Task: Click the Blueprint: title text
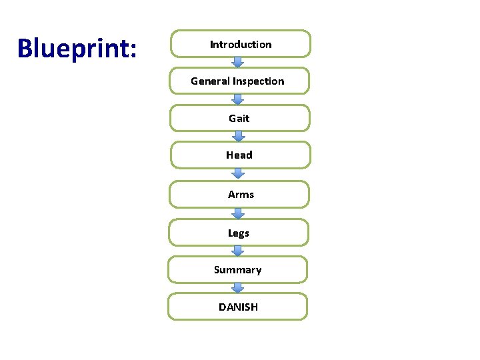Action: (x=77, y=48)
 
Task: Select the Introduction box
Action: (x=241, y=44)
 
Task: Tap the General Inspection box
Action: (x=239, y=81)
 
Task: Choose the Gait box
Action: (x=239, y=118)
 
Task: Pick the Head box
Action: (x=239, y=155)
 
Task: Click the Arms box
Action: (x=239, y=194)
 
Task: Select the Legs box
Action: (x=238, y=233)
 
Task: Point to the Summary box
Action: (x=237, y=269)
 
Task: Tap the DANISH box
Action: (x=237, y=307)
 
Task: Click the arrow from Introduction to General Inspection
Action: (x=238, y=62)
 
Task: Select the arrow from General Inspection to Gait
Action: (x=238, y=99)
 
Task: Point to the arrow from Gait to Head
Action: (x=238, y=136)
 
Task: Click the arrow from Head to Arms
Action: (x=238, y=174)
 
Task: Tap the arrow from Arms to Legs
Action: (x=238, y=213)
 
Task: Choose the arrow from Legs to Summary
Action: (x=238, y=251)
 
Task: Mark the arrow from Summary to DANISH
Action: (x=238, y=287)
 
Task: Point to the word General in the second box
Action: (x=209, y=81)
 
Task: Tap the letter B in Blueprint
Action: (x=25, y=48)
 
